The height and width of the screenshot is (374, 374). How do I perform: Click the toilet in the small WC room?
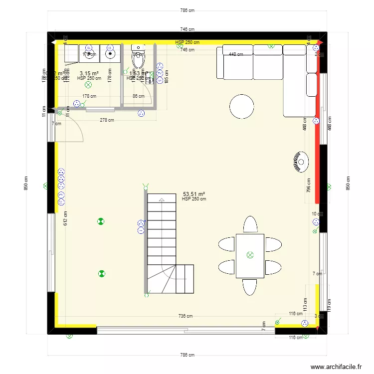[x=138, y=59]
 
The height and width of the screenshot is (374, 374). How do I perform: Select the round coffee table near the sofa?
[x=242, y=106]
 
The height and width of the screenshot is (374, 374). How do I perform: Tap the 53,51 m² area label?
[x=194, y=194]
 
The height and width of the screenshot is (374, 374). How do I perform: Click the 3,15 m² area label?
[x=89, y=73]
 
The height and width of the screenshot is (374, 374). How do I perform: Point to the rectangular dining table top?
[x=250, y=255]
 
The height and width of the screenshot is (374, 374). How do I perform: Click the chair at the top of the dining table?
[x=250, y=224]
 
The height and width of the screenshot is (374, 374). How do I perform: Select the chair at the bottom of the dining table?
[x=250, y=287]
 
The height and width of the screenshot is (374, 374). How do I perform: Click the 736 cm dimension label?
[x=186, y=316]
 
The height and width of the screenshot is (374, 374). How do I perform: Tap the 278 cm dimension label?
[x=107, y=120]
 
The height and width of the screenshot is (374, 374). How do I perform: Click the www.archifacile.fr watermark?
[x=336, y=367]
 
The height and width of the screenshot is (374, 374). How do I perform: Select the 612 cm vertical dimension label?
[x=65, y=218]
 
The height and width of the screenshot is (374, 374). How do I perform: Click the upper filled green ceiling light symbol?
[x=101, y=221]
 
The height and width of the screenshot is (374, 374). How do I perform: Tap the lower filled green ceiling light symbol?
[x=102, y=273]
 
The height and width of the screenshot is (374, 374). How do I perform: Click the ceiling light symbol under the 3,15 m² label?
[x=89, y=85]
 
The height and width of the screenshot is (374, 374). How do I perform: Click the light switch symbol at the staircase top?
[x=145, y=187]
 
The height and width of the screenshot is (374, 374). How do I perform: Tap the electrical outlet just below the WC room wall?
[x=141, y=114]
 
